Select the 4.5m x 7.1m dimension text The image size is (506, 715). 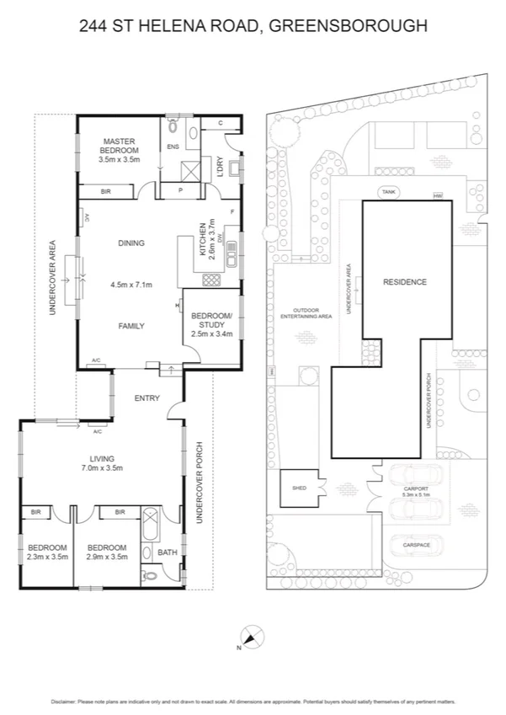(130, 285)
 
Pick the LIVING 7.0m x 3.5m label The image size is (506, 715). (102, 462)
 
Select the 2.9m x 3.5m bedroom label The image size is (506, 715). (107, 551)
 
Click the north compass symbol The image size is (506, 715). (248, 637)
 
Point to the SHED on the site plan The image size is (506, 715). (299, 488)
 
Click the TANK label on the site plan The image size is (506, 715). (388, 191)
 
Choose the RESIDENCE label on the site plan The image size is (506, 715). (405, 282)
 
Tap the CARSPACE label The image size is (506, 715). (416, 545)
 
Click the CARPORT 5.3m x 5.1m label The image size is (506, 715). (416, 491)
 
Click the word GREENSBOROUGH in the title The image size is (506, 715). (348, 27)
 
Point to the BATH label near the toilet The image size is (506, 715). (168, 552)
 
